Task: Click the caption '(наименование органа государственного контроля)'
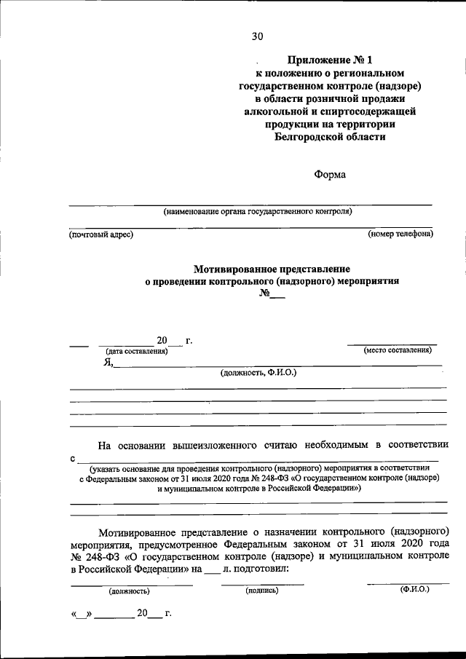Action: [258, 212]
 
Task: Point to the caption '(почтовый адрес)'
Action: [101, 234]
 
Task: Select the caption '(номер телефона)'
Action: [400, 234]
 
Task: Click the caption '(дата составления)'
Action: [137, 351]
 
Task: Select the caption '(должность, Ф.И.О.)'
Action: [259, 373]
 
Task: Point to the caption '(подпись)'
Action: [262, 591]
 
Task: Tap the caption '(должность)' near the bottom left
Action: [129, 591]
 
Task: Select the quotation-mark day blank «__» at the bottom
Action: [82, 614]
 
